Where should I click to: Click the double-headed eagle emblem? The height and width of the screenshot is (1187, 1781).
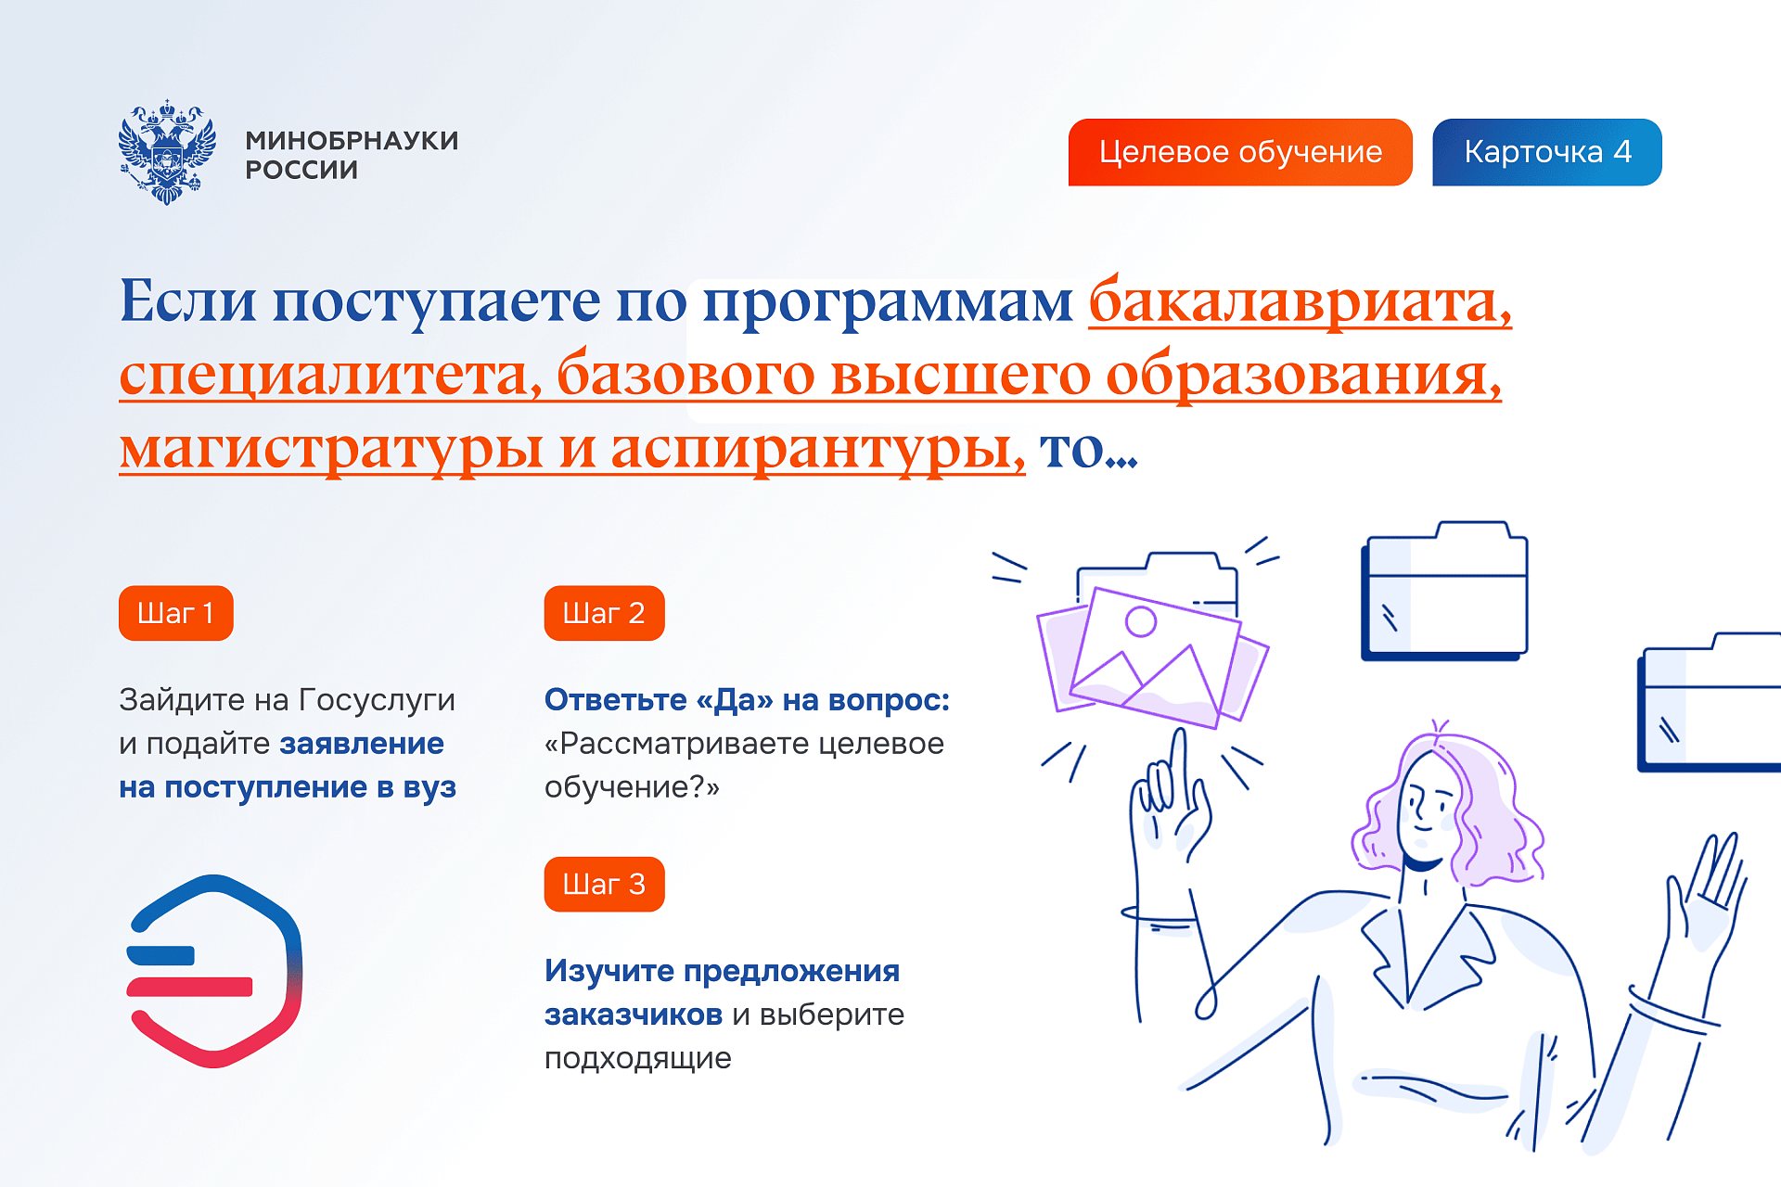167,152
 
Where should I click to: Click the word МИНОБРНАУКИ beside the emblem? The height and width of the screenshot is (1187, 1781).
352,140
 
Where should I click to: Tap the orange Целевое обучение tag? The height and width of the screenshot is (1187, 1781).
1239,152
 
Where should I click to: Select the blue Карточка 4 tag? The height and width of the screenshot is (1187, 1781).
1546,152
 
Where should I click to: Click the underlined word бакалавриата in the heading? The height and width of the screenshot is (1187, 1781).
1299,302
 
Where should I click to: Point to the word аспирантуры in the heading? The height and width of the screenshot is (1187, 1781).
816,449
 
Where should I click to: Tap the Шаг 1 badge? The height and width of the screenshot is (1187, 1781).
175,613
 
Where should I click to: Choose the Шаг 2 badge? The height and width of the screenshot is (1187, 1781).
604,613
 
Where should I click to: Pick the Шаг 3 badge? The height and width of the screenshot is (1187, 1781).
604,884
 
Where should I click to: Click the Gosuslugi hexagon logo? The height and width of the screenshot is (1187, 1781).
214,971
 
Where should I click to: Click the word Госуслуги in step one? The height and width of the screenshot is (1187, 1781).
377,699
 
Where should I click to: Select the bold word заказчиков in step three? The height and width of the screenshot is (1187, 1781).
633,1015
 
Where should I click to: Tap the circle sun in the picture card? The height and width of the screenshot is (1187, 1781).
1140,621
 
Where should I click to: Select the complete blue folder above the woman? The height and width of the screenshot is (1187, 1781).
1444,593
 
